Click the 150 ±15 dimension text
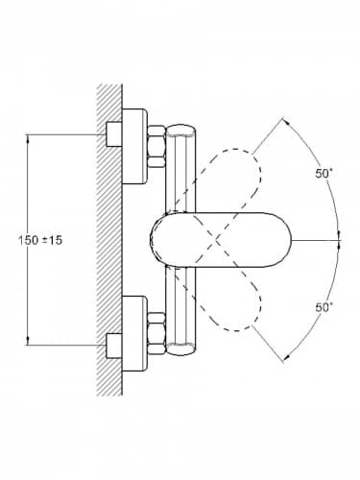(40, 240)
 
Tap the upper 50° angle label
(324, 174)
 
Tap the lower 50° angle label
(324, 307)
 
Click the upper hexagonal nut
(156, 146)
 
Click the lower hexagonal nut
(156, 333)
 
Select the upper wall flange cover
(134, 146)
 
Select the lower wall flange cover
(134, 333)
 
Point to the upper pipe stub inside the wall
(114, 134)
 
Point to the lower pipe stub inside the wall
(114, 346)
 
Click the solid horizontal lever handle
(221, 240)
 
